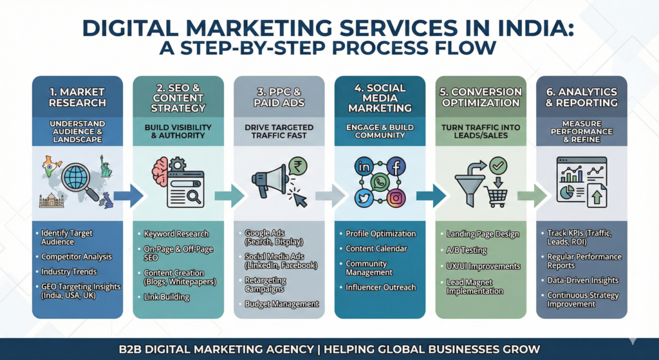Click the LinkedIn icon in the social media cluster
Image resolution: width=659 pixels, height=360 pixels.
pyautogui.click(x=364, y=167)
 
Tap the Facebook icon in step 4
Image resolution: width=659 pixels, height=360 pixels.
pyautogui.click(x=396, y=167)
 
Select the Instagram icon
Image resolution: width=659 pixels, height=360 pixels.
pyautogui.click(x=396, y=199)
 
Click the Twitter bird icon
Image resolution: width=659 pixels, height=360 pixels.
pyautogui.click(x=364, y=199)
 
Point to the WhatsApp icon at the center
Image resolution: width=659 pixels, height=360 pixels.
pyautogui.click(x=380, y=183)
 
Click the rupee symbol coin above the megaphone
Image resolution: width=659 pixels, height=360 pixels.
pyautogui.click(x=297, y=167)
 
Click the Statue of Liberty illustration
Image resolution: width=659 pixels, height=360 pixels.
pyautogui.click(x=105, y=166)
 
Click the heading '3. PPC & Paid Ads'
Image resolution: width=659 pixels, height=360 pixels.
pyautogui.click(x=279, y=97)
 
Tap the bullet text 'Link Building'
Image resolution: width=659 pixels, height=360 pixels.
pyautogui.click(x=167, y=297)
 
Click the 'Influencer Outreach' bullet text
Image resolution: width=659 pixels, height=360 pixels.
pyautogui.click(x=380, y=287)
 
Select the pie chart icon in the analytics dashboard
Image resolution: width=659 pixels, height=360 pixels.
pyautogui.click(x=568, y=193)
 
